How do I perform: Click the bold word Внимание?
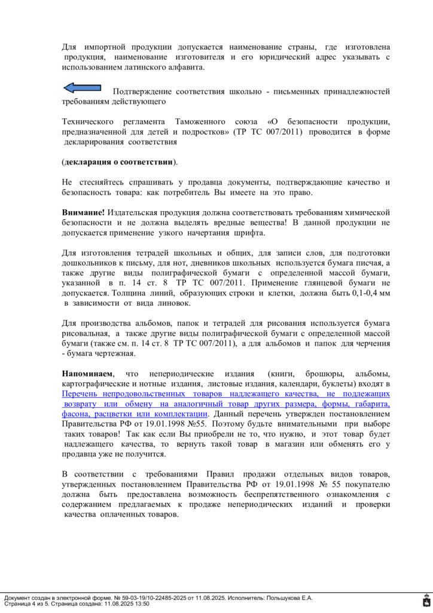click(83, 213)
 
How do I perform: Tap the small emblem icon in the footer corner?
click(425, 600)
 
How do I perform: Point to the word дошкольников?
click(89, 263)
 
